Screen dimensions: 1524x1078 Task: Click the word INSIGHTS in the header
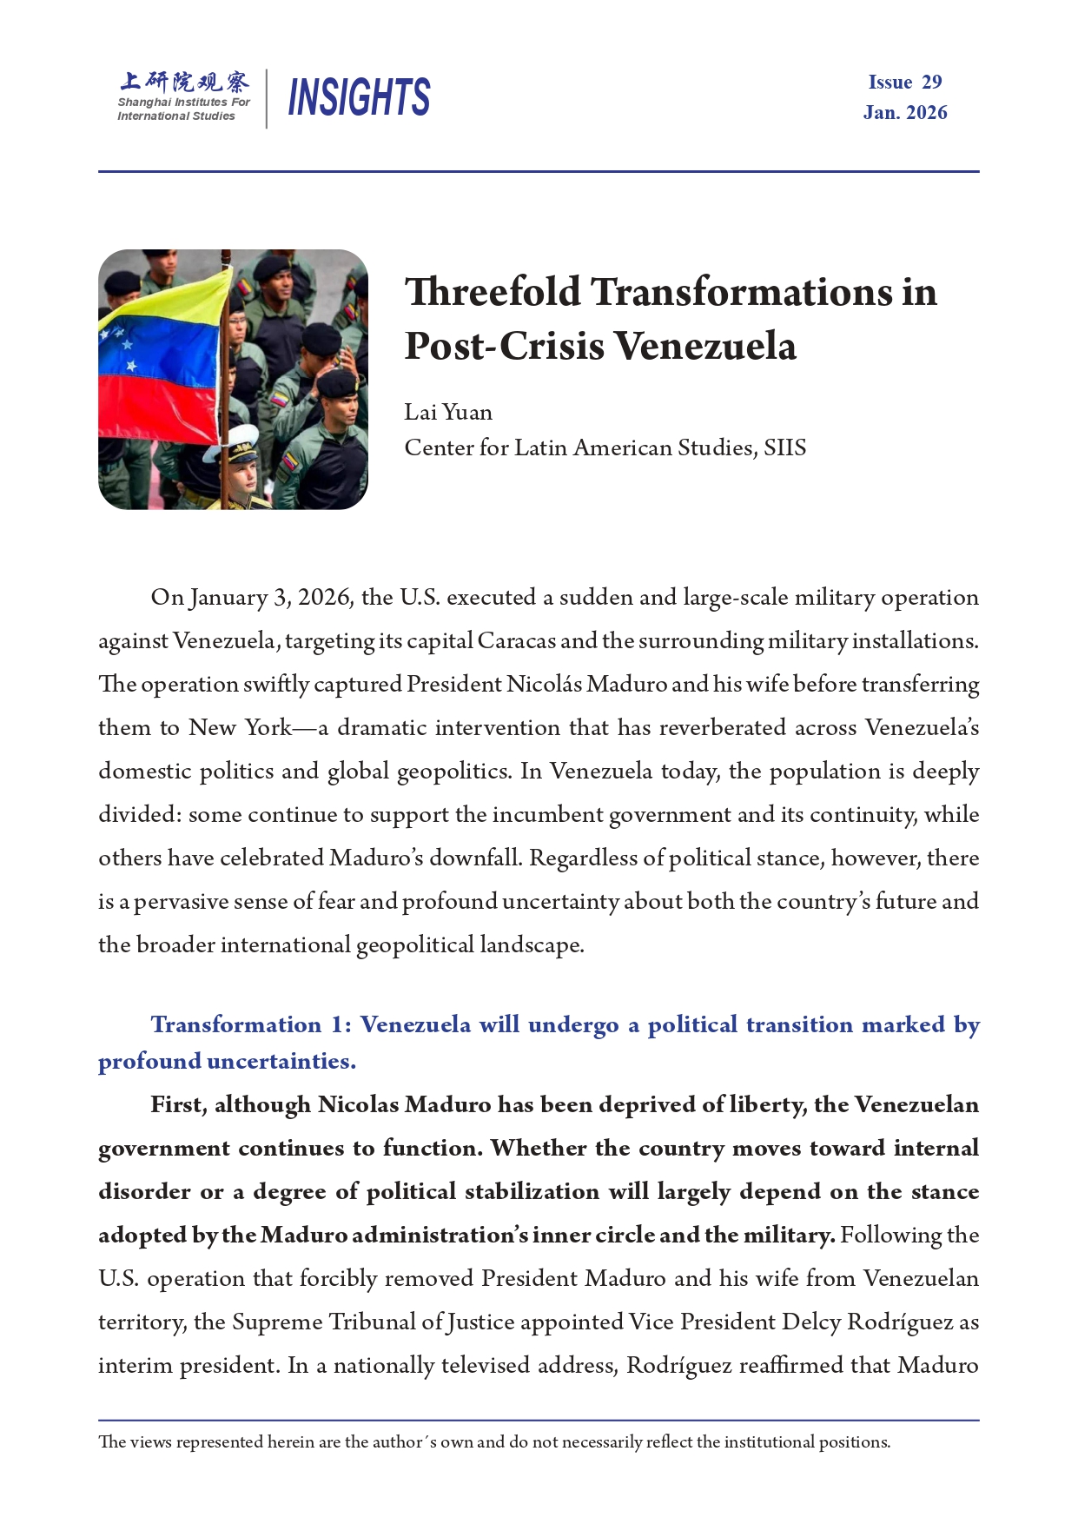point(359,96)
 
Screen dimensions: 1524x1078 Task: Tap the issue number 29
point(931,83)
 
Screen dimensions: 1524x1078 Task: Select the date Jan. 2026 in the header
point(905,113)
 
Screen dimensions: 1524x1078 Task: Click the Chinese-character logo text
point(184,82)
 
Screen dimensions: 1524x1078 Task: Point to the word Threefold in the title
point(493,292)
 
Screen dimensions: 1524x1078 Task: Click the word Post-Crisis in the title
point(504,347)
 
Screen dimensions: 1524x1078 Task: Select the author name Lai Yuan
point(448,412)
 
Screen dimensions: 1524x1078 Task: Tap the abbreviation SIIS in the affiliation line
point(784,447)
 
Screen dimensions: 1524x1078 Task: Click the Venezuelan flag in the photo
point(161,365)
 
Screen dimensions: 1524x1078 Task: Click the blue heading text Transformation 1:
point(251,1025)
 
